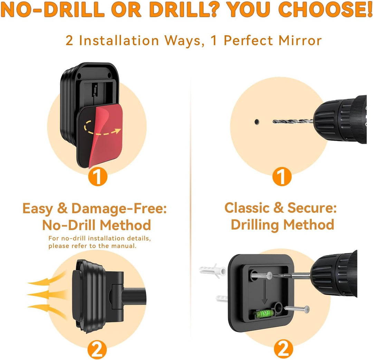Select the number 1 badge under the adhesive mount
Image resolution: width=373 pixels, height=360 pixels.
(x=98, y=176)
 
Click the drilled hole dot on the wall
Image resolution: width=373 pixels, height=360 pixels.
(x=257, y=122)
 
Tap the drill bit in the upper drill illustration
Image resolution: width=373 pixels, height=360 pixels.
(x=293, y=121)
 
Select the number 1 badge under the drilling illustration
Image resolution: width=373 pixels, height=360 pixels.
(x=282, y=176)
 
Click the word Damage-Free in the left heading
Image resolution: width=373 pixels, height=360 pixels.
(x=119, y=208)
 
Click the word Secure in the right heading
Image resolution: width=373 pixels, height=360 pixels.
(x=312, y=208)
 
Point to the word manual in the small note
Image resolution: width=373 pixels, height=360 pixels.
(x=124, y=246)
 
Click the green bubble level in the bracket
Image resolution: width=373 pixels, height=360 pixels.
(x=264, y=313)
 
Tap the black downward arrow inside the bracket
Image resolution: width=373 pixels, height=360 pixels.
(x=265, y=292)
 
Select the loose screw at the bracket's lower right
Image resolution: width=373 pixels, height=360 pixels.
(x=297, y=309)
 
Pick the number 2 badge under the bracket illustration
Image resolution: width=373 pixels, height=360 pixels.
(x=283, y=349)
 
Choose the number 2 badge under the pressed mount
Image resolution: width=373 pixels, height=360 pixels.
(x=97, y=350)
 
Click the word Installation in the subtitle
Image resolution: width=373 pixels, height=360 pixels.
(x=119, y=40)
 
